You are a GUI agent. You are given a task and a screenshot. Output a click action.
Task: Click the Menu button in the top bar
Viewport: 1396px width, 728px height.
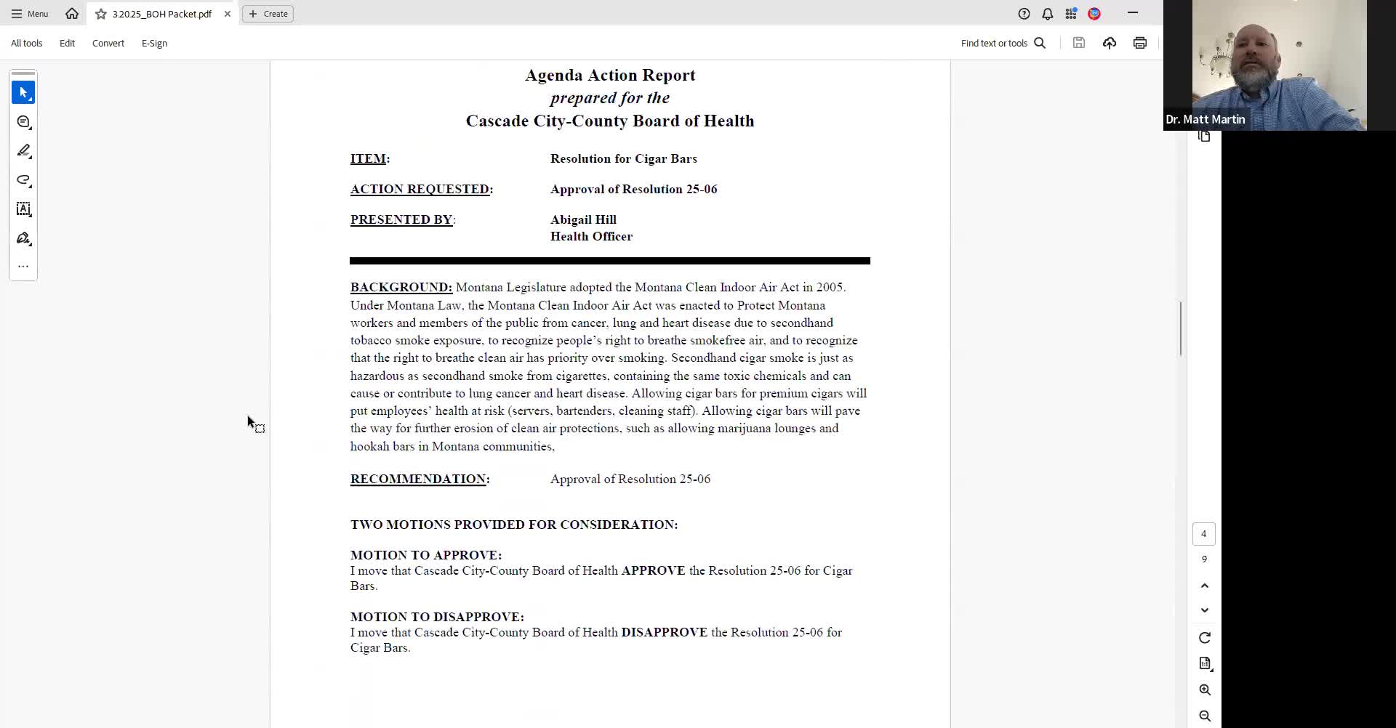(x=30, y=14)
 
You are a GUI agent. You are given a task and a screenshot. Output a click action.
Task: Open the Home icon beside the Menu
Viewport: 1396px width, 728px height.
(x=72, y=14)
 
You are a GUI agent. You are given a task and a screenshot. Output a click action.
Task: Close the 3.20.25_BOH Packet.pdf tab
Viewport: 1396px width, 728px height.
(x=228, y=14)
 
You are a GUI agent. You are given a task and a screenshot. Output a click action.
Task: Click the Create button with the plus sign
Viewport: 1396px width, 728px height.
(x=268, y=14)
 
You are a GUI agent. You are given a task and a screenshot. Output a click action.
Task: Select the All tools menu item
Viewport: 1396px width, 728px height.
(x=27, y=44)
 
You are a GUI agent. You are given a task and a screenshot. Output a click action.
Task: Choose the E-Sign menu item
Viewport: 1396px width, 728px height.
(x=154, y=44)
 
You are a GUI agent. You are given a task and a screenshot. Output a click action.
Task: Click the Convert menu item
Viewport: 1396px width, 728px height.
(x=108, y=44)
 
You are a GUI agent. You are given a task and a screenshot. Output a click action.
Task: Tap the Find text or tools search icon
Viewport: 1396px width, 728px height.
(x=1040, y=44)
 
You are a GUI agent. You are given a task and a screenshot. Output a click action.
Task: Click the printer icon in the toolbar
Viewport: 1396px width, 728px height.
(x=1139, y=44)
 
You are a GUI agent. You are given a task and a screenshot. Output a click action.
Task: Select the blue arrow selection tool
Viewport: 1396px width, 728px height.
(x=23, y=93)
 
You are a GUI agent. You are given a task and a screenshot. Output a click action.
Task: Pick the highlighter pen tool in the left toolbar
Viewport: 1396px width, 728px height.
(x=23, y=151)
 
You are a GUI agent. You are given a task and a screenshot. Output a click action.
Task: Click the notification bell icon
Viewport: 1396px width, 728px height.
(x=1047, y=14)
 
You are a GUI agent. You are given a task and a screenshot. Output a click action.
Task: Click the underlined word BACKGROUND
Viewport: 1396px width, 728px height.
(x=401, y=288)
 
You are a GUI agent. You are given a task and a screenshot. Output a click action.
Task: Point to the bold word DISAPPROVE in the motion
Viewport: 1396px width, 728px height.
(x=664, y=633)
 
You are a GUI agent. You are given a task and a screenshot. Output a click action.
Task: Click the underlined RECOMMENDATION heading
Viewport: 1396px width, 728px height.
(x=418, y=480)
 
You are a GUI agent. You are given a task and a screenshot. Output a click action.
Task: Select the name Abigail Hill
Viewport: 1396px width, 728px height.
(x=583, y=220)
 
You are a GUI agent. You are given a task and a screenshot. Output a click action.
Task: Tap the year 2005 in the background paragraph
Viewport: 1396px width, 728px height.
(x=830, y=288)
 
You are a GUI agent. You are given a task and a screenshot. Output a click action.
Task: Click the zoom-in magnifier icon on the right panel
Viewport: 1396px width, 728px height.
(x=1205, y=690)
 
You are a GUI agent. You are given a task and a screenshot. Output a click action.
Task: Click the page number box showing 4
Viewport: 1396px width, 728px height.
(x=1203, y=534)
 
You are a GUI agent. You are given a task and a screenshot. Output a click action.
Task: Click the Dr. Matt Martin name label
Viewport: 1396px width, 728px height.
(x=1205, y=120)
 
